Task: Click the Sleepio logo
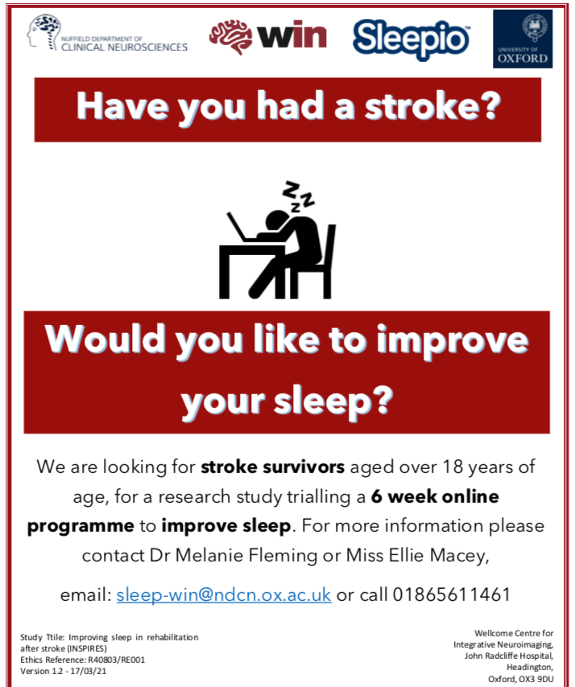tap(411, 37)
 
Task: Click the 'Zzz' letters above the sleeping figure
tap(297, 196)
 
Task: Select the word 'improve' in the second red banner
tap(459, 341)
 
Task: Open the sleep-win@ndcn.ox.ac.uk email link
tap(224, 595)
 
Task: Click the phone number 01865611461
tap(452, 595)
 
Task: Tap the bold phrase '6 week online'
tap(435, 496)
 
